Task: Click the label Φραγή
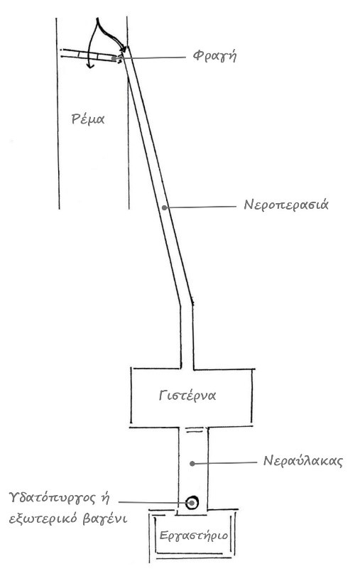(214, 56)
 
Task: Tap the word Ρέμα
(88, 119)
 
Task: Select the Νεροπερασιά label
(286, 205)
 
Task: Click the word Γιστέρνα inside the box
(187, 396)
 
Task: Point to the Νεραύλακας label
(303, 461)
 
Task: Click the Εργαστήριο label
(194, 536)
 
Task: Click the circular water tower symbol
(192, 503)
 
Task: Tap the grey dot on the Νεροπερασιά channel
(165, 207)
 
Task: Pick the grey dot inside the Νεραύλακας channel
(192, 463)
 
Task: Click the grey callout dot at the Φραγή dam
(114, 58)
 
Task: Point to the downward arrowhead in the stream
(89, 65)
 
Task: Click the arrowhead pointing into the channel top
(124, 48)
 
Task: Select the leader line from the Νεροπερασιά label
(200, 207)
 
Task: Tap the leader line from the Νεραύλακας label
(224, 463)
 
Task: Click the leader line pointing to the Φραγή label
(150, 58)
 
